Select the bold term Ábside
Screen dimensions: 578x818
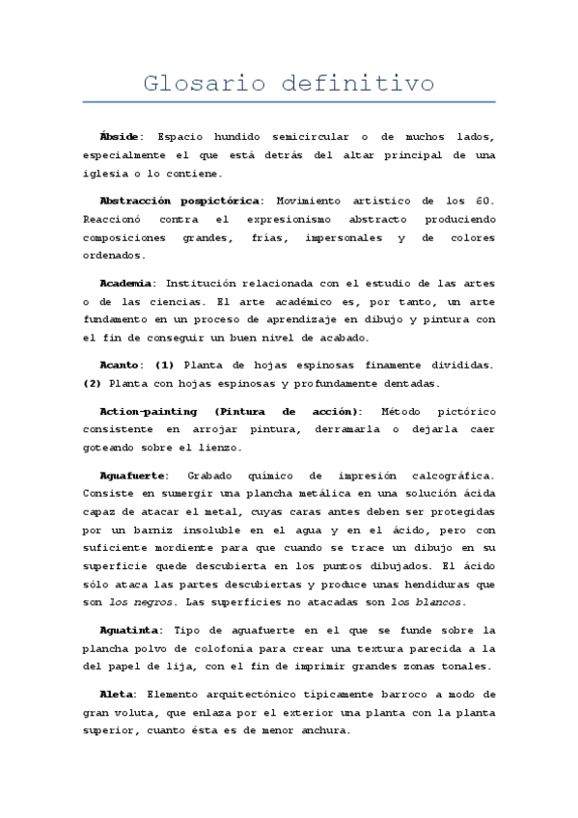[x=121, y=137]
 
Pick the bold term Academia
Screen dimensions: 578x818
[x=127, y=283]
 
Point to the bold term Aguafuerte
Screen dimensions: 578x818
[x=134, y=475]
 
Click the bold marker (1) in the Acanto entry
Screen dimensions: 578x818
[x=165, y=365]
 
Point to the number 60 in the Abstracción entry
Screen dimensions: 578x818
[x=482, y=200]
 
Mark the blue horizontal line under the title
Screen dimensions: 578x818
[x=289, y=102]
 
